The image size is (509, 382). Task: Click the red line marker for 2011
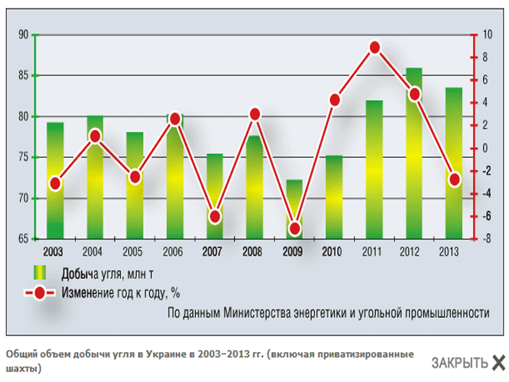(375, 48)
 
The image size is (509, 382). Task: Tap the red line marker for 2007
(214, 216)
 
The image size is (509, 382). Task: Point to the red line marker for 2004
(95, 136)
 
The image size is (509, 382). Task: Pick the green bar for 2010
(335, 197)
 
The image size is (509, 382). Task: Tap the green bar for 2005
(134, 210)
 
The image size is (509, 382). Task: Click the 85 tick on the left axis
(25, 76)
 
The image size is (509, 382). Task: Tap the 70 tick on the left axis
(25, 199)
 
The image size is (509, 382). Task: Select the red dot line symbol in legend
(39, 294)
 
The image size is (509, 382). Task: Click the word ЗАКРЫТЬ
(459, 363)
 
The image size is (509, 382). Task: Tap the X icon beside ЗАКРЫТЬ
(499, 362)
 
